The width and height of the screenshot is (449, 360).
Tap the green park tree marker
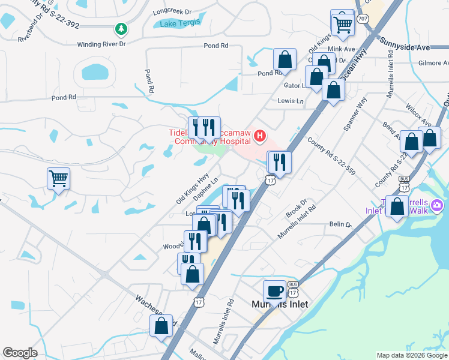[x=121, y=28]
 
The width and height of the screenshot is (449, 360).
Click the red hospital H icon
[x=259, y=136]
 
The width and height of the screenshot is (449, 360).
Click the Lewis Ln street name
[x=291, y=101]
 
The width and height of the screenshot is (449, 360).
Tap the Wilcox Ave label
[x=419, y=114]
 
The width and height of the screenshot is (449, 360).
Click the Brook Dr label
[x=297, y=209]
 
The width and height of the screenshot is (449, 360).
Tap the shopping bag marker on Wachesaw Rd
[x=161, y=326]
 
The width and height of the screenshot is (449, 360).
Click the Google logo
[x=20, y=353]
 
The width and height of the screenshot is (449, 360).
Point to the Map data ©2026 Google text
[x=411, y=355]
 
